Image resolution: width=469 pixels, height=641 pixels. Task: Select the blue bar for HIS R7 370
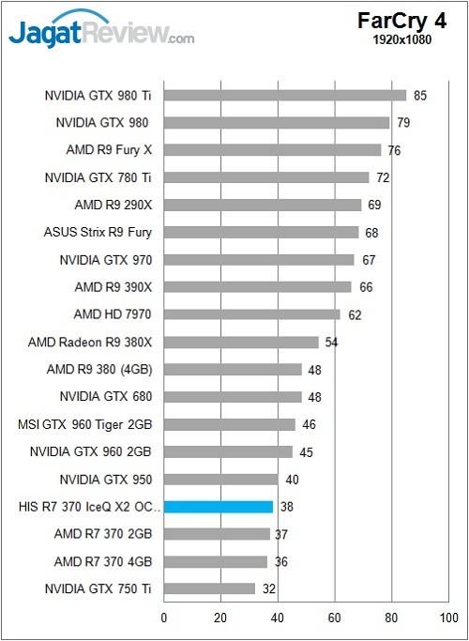point(219,507)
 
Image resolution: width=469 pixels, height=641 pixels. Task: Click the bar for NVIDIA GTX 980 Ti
point(285,95)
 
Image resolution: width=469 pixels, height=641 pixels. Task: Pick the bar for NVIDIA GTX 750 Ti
point(210,589)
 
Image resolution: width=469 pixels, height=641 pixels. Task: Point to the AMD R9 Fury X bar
point(273,150)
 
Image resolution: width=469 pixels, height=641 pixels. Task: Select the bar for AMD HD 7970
point(252,314)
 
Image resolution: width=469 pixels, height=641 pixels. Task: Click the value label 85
point(420,95)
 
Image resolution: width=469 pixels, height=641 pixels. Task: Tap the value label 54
point(332,342)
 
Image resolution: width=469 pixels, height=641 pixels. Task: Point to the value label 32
point(269,589)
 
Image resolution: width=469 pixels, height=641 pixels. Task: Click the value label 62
point(355,315)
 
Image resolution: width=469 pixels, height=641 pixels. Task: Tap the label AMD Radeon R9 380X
point(90,342)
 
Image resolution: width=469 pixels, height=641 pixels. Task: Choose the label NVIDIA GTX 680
point(105,397)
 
